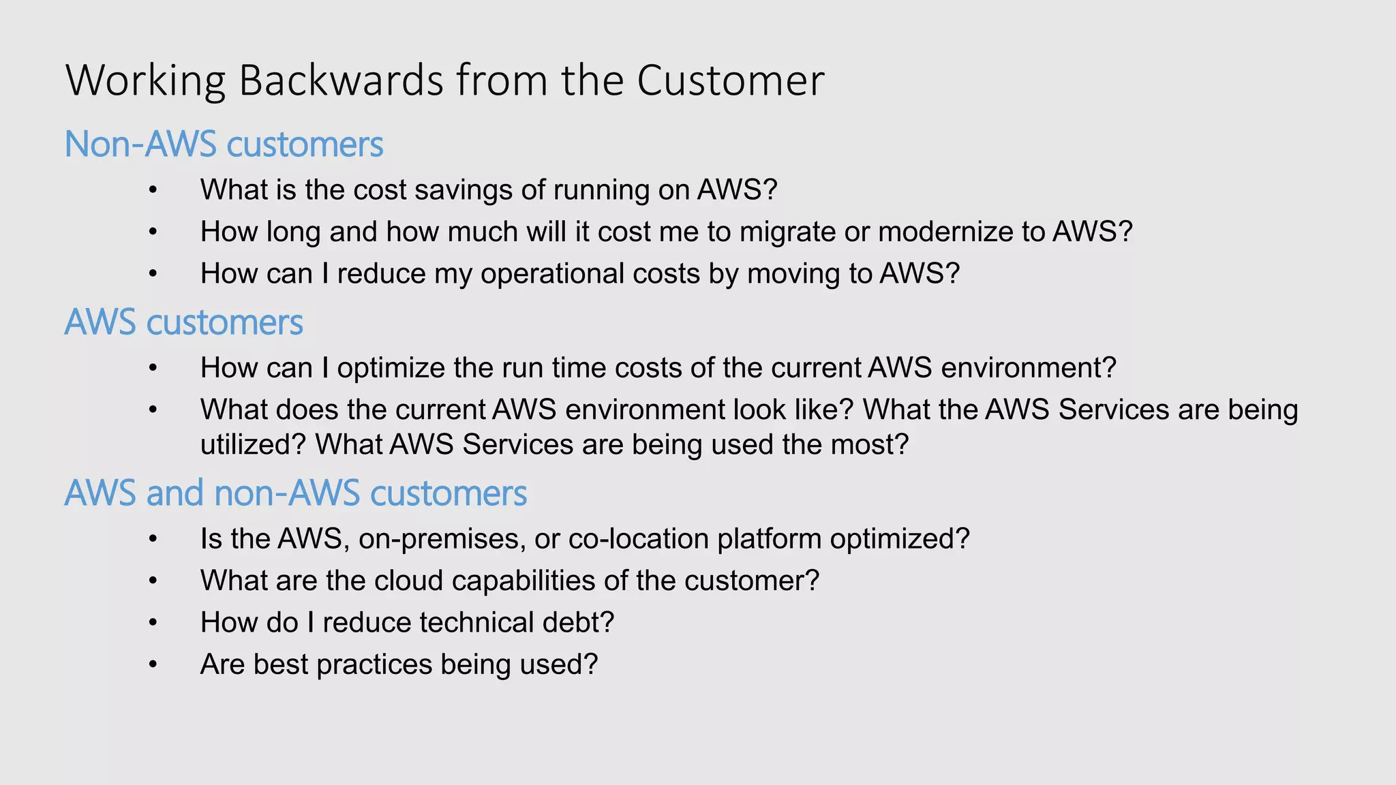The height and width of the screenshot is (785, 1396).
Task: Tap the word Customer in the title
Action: click(x=730, y=80)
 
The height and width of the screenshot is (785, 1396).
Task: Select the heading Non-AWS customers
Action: click(x=224, y=144)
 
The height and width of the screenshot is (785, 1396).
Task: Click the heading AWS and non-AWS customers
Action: click(x=295, y=493)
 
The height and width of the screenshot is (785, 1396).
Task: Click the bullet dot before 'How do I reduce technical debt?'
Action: click(x=153, y=623)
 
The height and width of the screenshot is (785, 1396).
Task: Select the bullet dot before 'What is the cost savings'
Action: click(x=153, y=190)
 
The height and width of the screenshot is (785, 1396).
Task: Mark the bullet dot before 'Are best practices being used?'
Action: click(x=153, y=665)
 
